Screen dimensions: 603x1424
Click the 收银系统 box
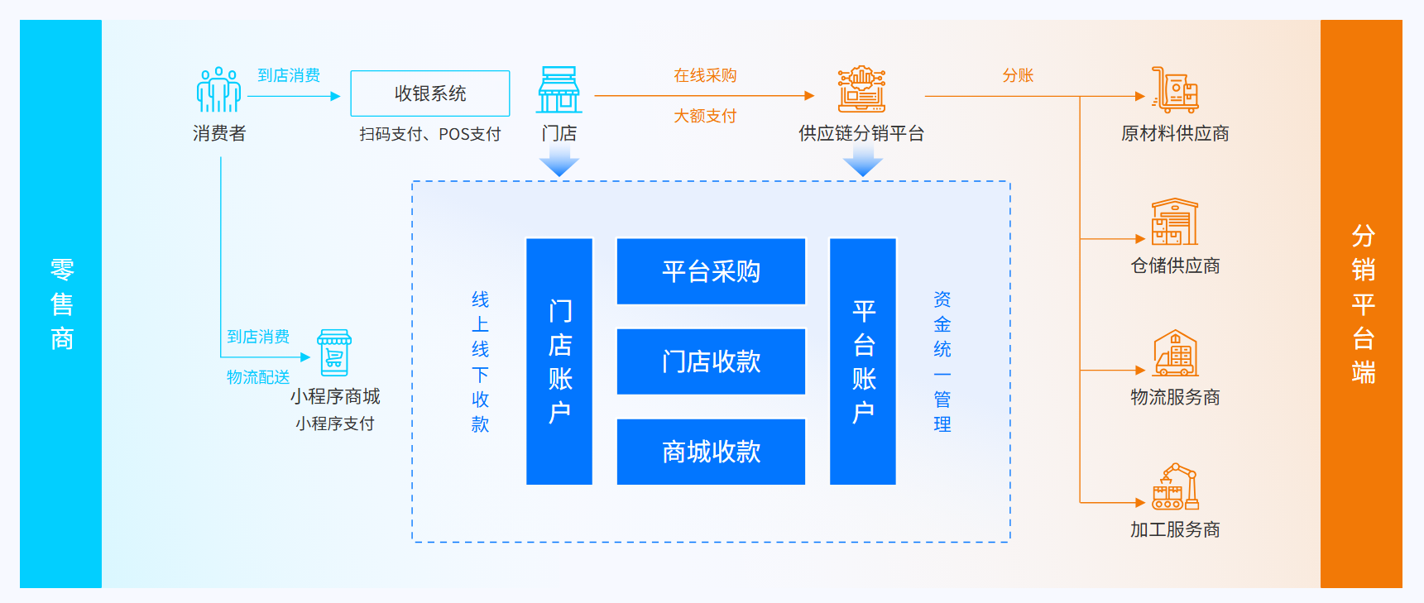point(430,93)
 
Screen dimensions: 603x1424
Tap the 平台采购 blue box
point(711,271)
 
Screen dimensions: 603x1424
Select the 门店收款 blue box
point(711,361)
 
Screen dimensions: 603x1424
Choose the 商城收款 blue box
point(711,452)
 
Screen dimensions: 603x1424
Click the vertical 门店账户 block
point(559,361)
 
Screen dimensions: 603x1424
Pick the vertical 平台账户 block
point(863,361)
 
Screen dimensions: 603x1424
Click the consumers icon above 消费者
point(218,90)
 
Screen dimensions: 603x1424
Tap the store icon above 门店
point(559,90)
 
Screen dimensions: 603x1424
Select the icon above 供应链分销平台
point(861,89)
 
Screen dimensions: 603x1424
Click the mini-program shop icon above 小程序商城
point(334,352)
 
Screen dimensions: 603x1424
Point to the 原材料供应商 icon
point(1175,90)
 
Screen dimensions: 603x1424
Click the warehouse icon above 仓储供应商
point(1175,222)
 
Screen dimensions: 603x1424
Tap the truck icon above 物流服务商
point(1175,353)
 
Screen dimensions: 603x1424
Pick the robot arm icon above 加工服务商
point(1175,486)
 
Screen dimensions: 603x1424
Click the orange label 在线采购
point(705,75)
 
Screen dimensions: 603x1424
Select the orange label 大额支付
point(705,116)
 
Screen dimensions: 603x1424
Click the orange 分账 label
point(1018,75)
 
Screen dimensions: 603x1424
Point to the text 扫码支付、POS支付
point(430,134)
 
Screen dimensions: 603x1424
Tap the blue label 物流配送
point(258,377)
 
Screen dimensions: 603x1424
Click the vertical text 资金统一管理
point(942,361)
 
